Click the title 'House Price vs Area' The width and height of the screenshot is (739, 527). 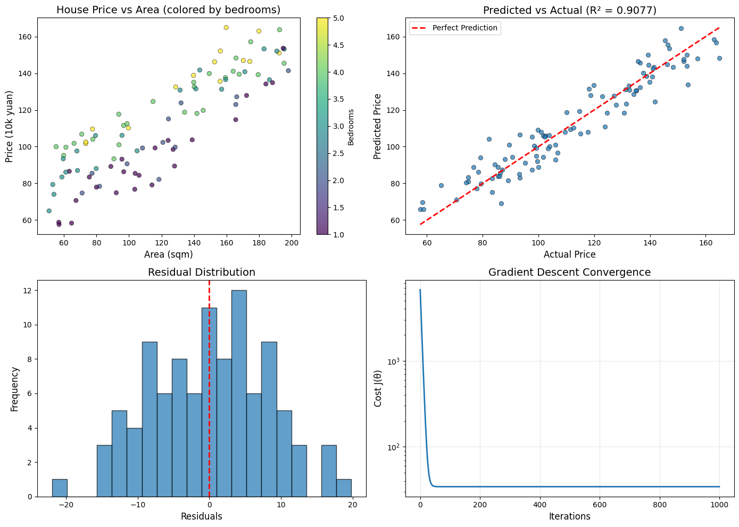[168, 10]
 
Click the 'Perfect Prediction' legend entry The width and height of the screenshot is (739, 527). [464, 28]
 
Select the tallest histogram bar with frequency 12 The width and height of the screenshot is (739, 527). [239, 393]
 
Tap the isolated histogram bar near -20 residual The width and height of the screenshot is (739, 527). [60, 488]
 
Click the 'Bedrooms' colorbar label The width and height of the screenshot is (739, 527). [351, 127]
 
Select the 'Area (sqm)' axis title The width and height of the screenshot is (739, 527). [168, 254]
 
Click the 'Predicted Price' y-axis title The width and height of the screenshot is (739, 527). [378, 126]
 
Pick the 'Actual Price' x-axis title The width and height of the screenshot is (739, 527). [570, 254]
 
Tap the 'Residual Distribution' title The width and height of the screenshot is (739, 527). [202, 273]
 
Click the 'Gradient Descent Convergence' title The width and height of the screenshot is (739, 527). [569, 273]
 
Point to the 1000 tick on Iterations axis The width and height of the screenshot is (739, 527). [719, 505]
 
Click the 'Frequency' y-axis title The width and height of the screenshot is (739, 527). [14, 389]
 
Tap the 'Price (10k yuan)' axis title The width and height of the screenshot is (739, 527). [10, 126]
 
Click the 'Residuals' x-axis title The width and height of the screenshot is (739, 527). [202, 516]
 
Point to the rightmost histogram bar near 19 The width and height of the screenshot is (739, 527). [344, 488]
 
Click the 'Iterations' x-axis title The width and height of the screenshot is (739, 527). [570, 516]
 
